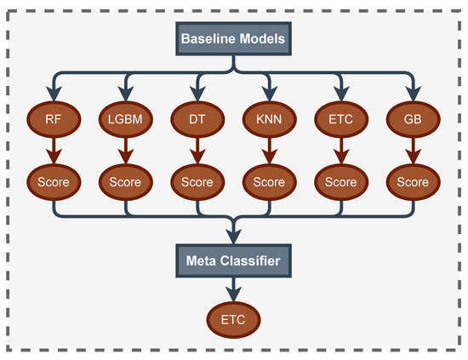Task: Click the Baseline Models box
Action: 233,38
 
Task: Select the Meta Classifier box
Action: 233,260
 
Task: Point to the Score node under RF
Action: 54,181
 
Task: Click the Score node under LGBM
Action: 125,181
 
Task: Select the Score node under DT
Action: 197,181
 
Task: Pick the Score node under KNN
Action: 269,181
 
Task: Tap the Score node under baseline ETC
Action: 341,181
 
